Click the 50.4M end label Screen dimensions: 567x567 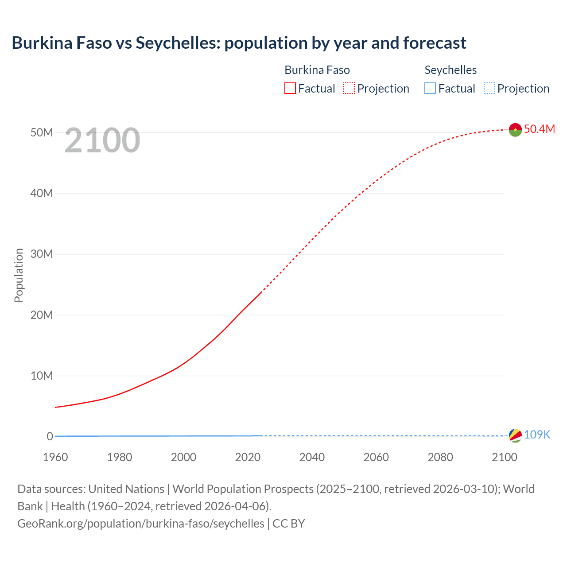539,129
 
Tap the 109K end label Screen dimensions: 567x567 537,435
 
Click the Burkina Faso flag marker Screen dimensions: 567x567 515,129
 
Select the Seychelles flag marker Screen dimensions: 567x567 515,435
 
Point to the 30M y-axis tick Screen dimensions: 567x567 42,254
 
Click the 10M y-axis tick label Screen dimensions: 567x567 42,376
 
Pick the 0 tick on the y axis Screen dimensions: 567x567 50,436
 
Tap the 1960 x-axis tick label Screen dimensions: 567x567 55,457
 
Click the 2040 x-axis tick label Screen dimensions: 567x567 312,457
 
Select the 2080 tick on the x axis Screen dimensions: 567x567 440,457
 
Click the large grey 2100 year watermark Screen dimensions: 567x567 102,140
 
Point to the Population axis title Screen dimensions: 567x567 19,275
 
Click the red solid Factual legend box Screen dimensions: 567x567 290,88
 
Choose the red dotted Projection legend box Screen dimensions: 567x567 349,88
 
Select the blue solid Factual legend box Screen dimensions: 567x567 430,88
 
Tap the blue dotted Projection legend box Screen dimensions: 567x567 489,88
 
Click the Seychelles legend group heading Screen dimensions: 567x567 450,70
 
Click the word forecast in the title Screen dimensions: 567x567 435,43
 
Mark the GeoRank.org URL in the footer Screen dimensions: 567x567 141,524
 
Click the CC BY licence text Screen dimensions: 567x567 289,524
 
